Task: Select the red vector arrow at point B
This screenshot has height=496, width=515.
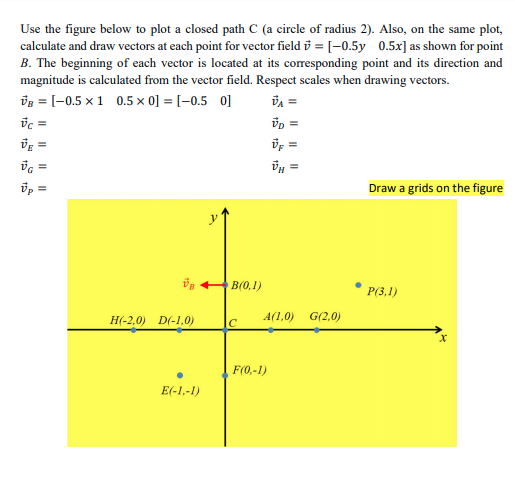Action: [x=212, y=283]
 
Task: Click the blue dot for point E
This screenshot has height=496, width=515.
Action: [x=179, y=375]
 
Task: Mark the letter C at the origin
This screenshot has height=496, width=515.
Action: [x=233, y=322]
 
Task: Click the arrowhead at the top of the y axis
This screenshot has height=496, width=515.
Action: [x=225, y=208]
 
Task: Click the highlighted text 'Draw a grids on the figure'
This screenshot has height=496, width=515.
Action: [x=436, y=188]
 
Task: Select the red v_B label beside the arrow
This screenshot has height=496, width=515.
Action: [x=189, y=283]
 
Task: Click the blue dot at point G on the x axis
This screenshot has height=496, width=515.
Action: [x=317, y=329]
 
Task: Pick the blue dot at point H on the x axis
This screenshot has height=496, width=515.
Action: [x=133, y=329]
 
